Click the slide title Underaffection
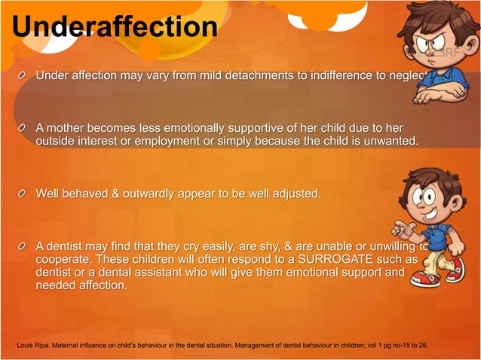[x=115, y=26]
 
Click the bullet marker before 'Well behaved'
[x=25, y=194]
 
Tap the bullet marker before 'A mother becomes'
[x=25, y=127]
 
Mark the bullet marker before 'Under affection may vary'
[x=25, y=76]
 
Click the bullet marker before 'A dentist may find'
[x=25, y=246]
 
